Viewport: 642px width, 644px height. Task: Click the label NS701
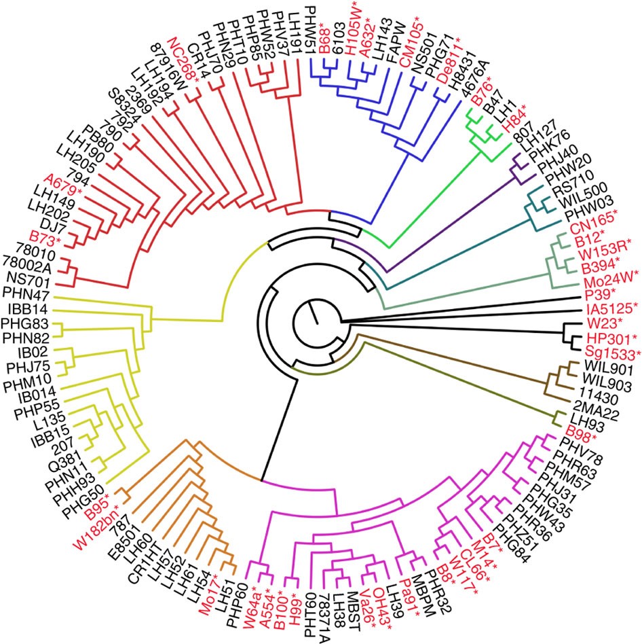point(31,278)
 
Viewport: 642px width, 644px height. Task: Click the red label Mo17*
point(210,592)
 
